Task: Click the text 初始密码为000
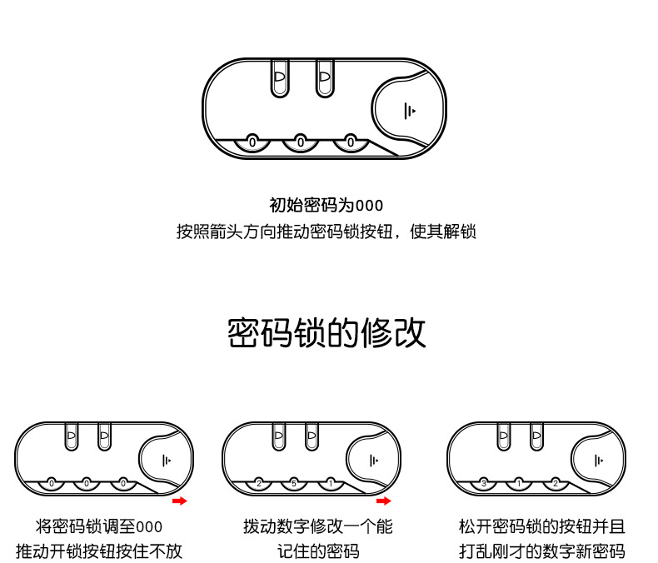(x=327, y=206)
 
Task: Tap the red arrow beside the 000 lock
(x=179, y=501)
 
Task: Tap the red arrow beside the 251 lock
(x=383, y=501)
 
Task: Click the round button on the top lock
(x=406, y=110)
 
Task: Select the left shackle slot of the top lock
(x=279, y=79)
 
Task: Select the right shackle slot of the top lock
(x=323, y=79)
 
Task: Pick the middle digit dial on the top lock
(x=301, y=143)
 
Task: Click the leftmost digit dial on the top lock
(x=252, y=143)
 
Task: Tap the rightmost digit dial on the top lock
(x=350, y=143)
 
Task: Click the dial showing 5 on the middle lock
(x=295, y=483)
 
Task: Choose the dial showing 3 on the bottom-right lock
(x=483, y=483)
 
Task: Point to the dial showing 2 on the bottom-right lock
(x=556, y=483)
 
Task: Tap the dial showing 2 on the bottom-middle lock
(x=259, y=483)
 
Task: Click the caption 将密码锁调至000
(x=99, y=527)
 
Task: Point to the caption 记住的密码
(x=318, y=551)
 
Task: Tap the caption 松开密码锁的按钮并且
(x=541, y=527)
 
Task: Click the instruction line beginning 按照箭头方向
(x=327, y=232)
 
